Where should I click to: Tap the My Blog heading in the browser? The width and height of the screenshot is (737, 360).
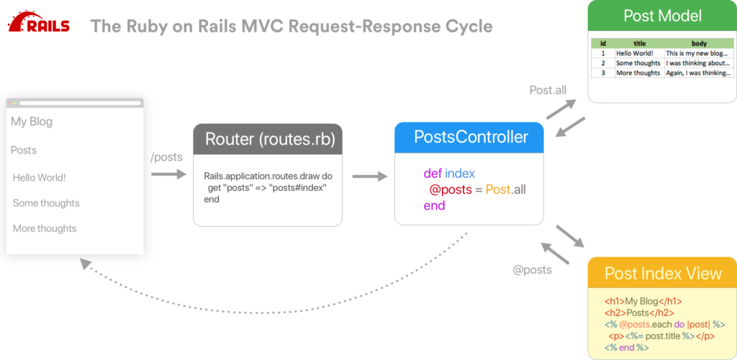(32, 122)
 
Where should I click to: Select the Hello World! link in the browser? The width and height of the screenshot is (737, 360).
(40, 177)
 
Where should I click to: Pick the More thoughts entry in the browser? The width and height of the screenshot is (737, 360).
(45, 228)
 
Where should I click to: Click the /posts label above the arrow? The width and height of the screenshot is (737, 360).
(166, 158)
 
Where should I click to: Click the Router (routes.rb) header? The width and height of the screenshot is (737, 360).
(267, 139)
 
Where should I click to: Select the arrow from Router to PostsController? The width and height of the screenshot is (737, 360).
(368, 176)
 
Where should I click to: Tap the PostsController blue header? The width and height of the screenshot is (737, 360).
(471, 137)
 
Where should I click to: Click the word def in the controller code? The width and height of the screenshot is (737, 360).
(432, 174)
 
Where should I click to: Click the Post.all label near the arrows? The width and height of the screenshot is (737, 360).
(548, 90)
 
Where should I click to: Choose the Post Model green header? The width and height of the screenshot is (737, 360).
(662, 16)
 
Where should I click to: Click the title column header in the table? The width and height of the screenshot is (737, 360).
(638, 43)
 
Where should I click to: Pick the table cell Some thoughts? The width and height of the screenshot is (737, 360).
(638, 63)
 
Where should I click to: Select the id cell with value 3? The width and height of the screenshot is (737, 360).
(602, 73)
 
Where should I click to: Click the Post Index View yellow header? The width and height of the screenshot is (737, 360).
(662, 274)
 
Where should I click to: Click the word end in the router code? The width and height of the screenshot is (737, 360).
(212, 199)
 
